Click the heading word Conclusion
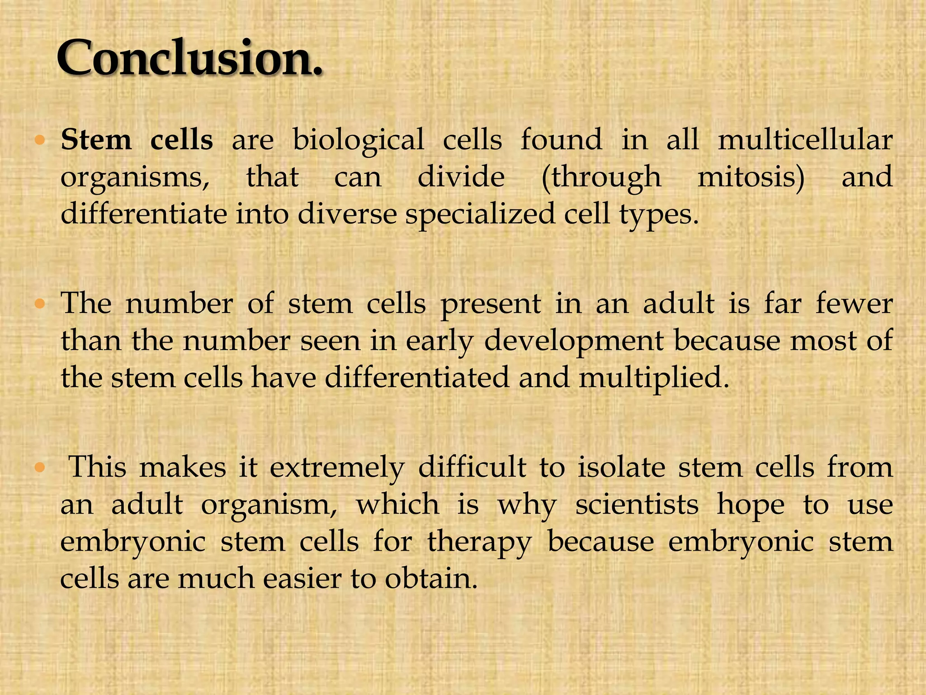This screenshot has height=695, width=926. (190, 59)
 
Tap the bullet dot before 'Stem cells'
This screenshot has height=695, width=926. (40, 141)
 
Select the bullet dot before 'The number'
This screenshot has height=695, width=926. (40, 305)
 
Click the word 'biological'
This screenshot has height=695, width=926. (359, 140)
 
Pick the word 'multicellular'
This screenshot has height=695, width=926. (805, 139)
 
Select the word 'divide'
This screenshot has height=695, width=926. (461, 176)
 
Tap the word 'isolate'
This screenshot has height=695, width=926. (621, 467)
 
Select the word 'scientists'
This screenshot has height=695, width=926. (637, 505)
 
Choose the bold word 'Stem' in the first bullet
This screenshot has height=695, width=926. (96, 140)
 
